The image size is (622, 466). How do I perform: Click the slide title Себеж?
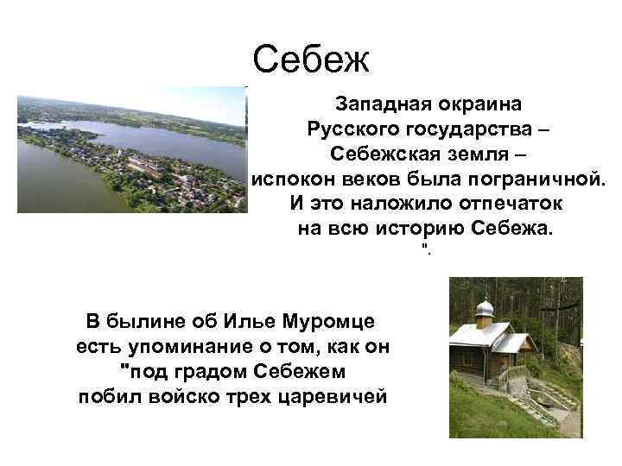click(x=311, y=60)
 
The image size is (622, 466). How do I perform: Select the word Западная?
click(x=378, y=104)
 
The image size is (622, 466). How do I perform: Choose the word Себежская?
click(x=380, y=154)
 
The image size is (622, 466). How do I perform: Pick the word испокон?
click(x=288, y=179)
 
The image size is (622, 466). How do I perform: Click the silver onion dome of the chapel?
click(x=485, y=308)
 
